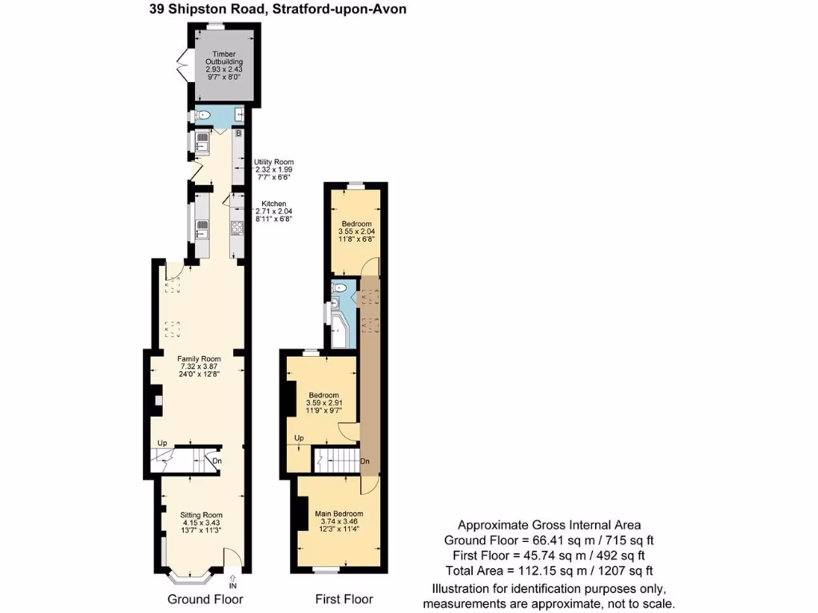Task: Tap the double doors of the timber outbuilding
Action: click(x=181, y=65)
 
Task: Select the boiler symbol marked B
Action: click(x=238, y=133)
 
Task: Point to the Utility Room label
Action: click(x=274, y=162)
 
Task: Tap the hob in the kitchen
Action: click(x=237, y=229)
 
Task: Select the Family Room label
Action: click(x=199, y=359)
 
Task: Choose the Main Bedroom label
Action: click(x=339, y=513)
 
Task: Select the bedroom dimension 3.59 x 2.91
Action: click(x=323, y=404)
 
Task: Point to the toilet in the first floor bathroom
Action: click(x=341, y=288)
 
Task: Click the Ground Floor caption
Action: click(x=205, y=599)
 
